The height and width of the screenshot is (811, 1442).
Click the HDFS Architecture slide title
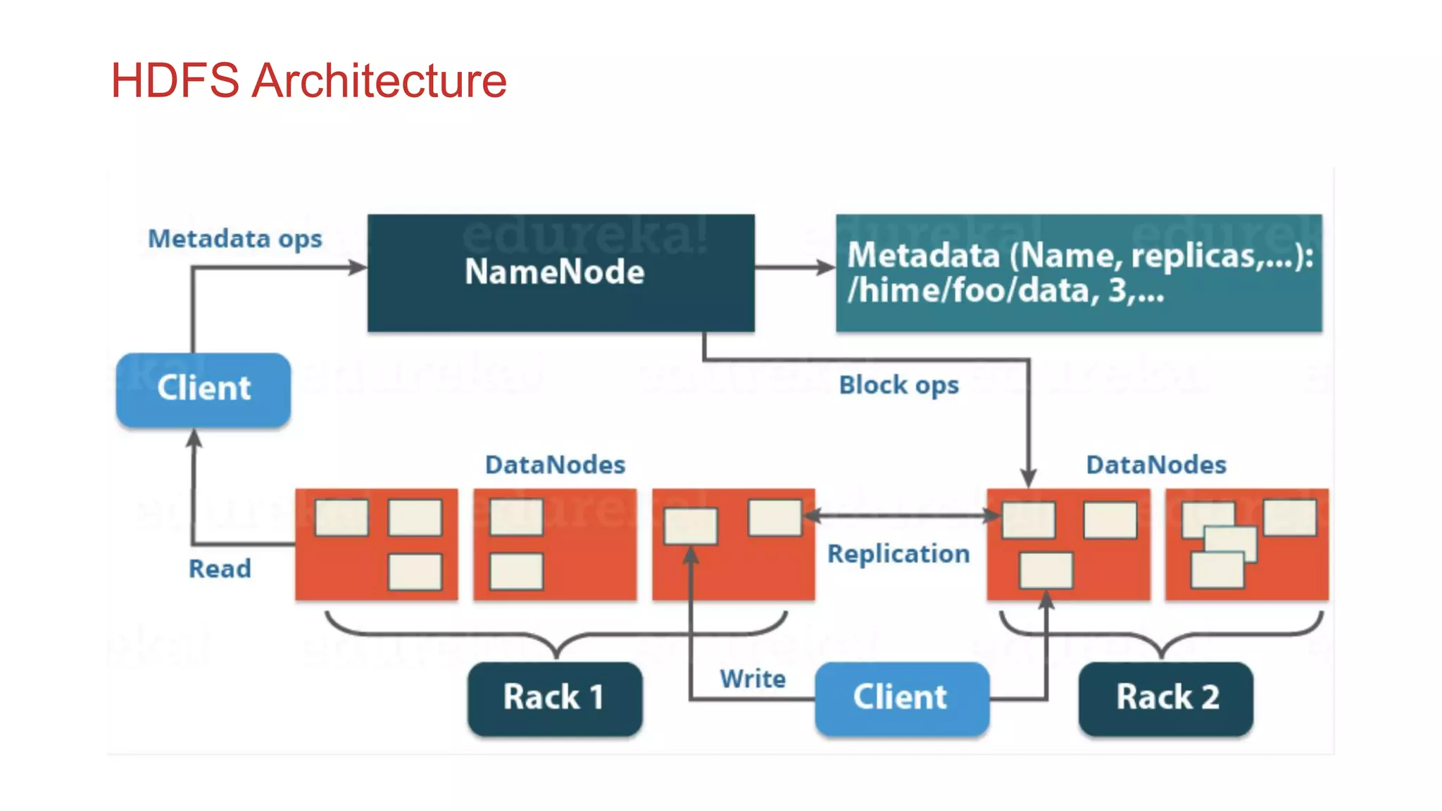(x=308, y=80)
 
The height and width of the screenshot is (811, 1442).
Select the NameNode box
(x=560, y=273)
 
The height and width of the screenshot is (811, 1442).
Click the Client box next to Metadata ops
(x=203, y=389)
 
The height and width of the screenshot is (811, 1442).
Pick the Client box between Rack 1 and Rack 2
(x=901, y=698)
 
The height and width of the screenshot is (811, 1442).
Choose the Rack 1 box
(x=555, y=698)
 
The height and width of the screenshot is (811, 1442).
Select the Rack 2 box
(x=1166, y=698)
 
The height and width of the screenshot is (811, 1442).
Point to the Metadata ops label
(x=235, y=239)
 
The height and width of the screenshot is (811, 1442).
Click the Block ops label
(x=898, y=385)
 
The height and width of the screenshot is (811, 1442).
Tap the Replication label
(x=898, y=553)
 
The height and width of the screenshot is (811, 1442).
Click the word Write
(x=753, y=679)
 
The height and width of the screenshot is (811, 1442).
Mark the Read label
(x=220, y=568)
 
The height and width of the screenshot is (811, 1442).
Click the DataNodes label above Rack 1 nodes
(x=555, y=465)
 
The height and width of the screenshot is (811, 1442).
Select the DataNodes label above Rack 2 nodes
(x=1156, y=465)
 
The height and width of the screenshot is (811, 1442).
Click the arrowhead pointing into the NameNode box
(x=358, y=268)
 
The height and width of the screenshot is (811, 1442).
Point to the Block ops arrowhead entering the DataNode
(x=1029, y=478)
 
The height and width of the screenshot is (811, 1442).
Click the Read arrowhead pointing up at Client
(x=194, y=439)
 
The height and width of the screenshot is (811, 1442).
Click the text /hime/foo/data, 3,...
(x=1005, y=291)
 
